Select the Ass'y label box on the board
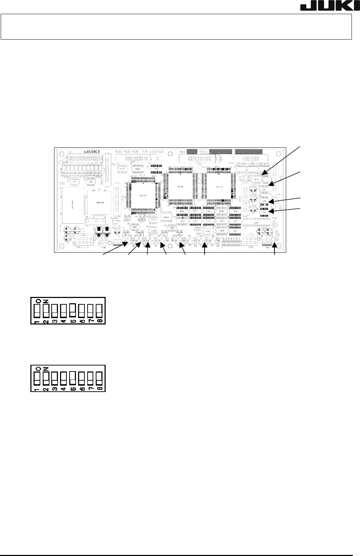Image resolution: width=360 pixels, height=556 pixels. coord(205,151)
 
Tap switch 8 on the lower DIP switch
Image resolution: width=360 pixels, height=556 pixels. coord(99,380)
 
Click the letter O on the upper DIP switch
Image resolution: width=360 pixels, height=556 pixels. coord(37,301)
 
